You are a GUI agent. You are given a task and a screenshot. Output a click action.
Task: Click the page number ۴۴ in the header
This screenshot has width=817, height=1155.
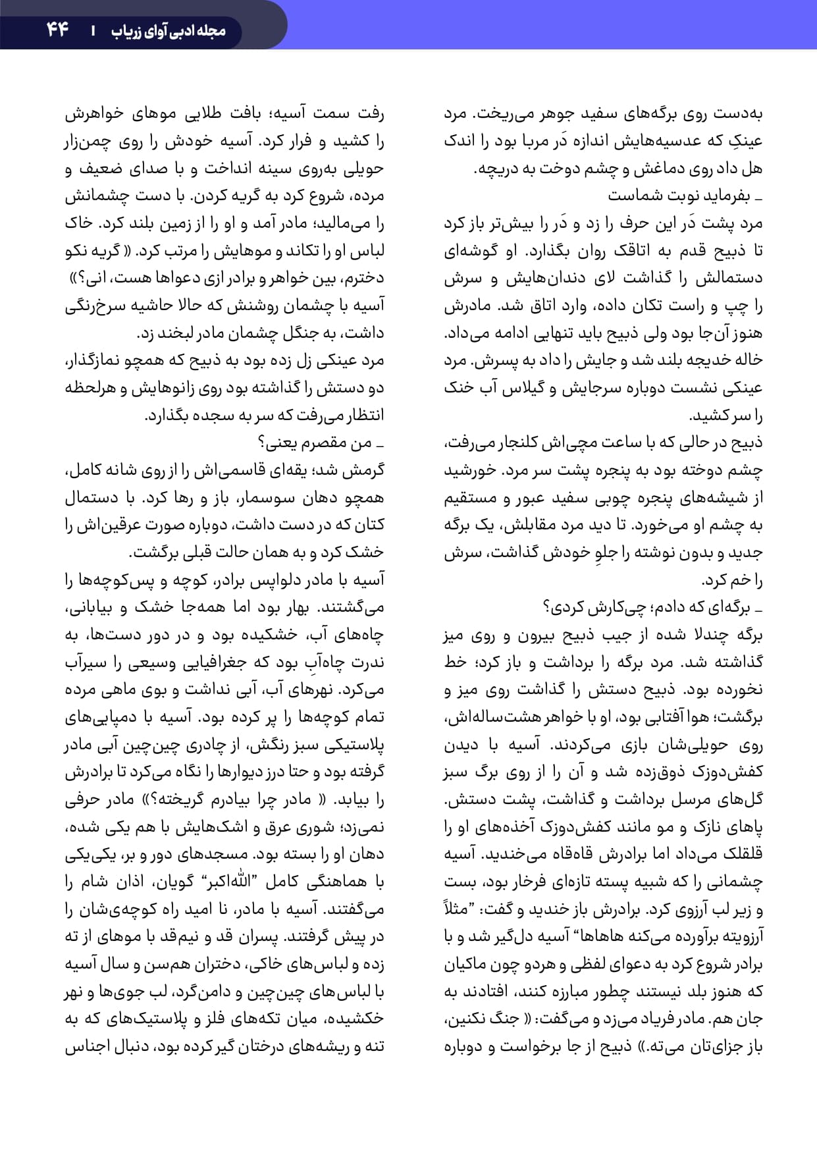58,30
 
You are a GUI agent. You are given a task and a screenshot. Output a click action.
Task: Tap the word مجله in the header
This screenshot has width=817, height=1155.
211,30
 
